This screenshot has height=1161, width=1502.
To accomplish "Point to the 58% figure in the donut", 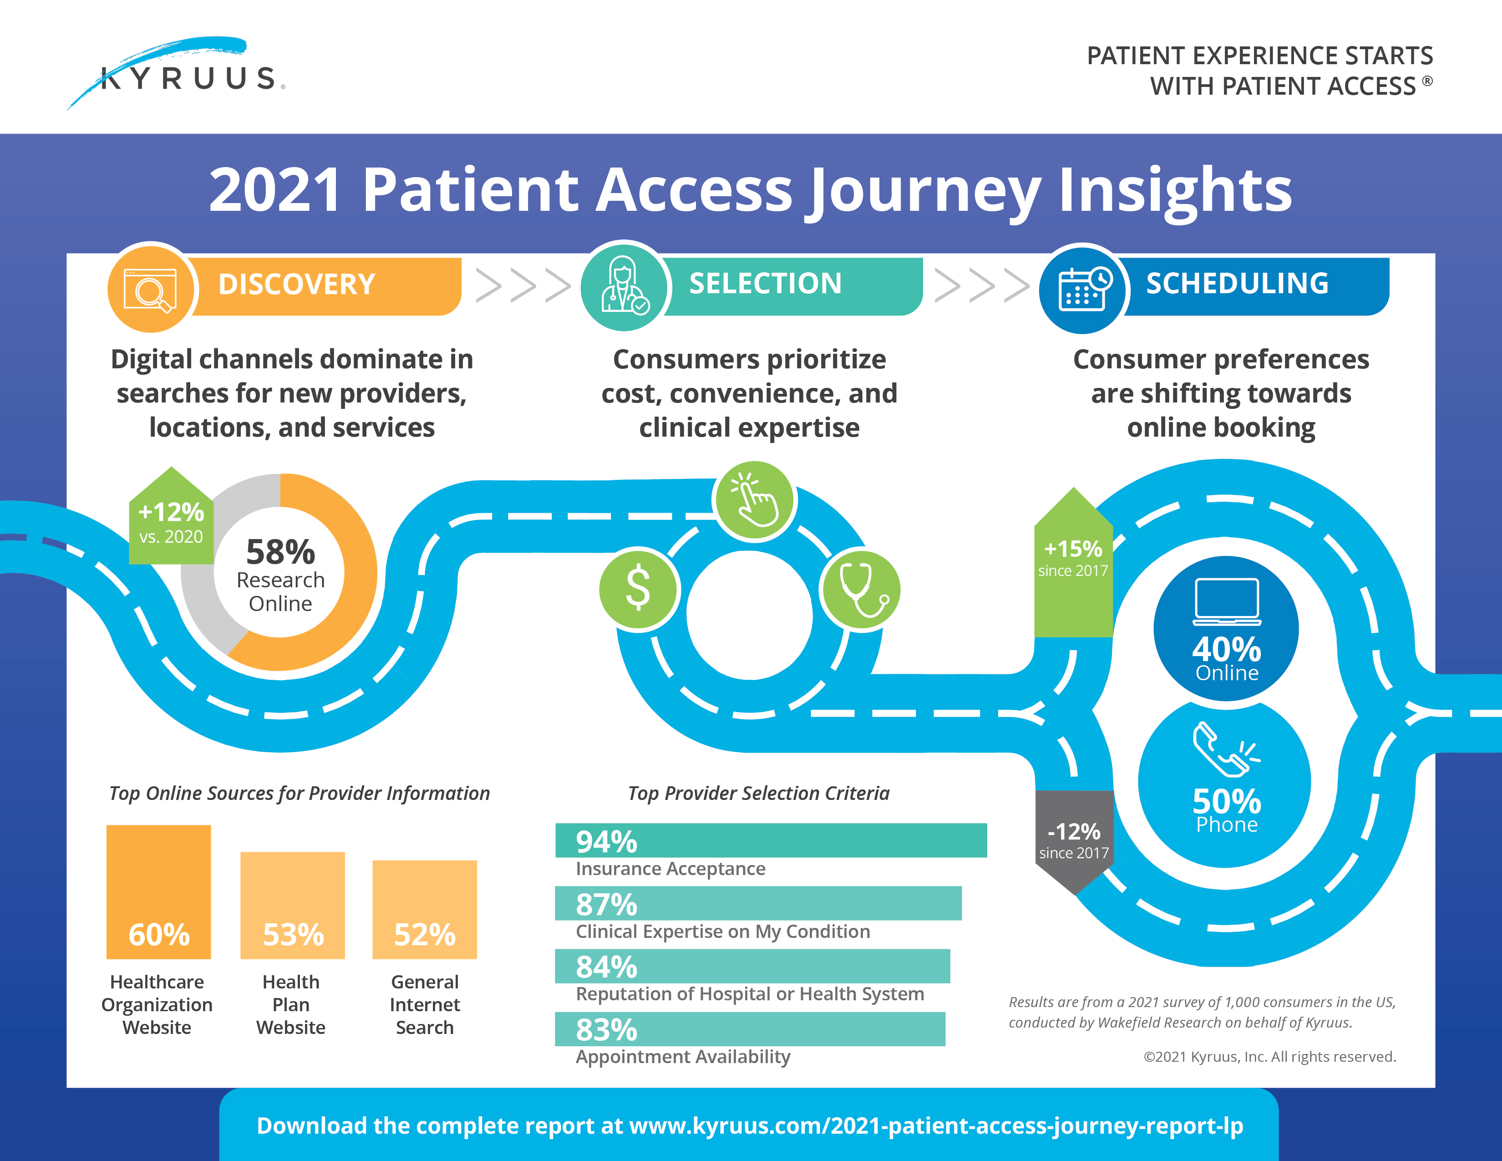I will [x=280, y=552].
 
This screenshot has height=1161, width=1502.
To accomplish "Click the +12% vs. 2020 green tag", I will [x=171, y=522].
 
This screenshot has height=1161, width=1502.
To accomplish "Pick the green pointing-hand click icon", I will [x=755, y=501].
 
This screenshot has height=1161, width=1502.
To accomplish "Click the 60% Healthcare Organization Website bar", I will [x=159, y=891].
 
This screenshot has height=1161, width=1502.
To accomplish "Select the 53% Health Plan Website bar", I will [x=292, y=905].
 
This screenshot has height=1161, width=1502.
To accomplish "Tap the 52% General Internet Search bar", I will [x=424, y=909].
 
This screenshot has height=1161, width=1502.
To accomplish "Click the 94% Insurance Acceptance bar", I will [x=770, y=840].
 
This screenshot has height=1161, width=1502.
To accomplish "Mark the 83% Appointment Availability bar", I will [x=750, y=1029].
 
